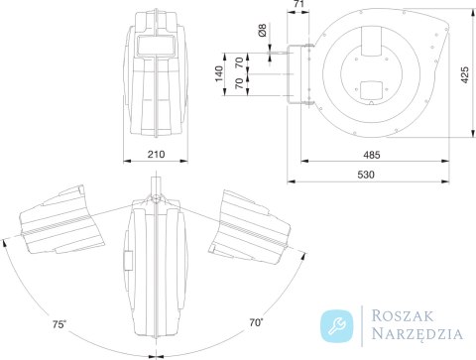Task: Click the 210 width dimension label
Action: (x=156, y=155)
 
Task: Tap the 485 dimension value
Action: (x=372, y=155)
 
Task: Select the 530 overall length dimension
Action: (x=366, y=175)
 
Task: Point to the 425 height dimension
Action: (x=465, y=75)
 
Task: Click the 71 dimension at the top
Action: (x=298, y=4)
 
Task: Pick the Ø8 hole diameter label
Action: (x=262, y=30)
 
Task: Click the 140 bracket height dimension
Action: (x=219, y=74)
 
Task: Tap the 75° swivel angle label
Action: (x=59, y=324)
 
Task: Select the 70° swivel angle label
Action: (x=257, y=322)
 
